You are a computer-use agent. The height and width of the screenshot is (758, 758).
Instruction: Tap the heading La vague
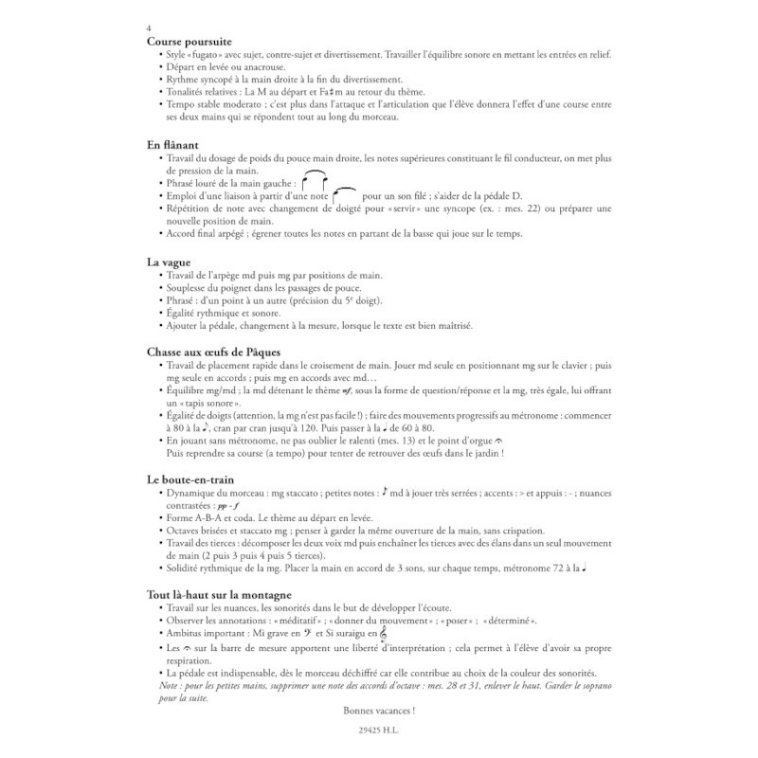point(171,261)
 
